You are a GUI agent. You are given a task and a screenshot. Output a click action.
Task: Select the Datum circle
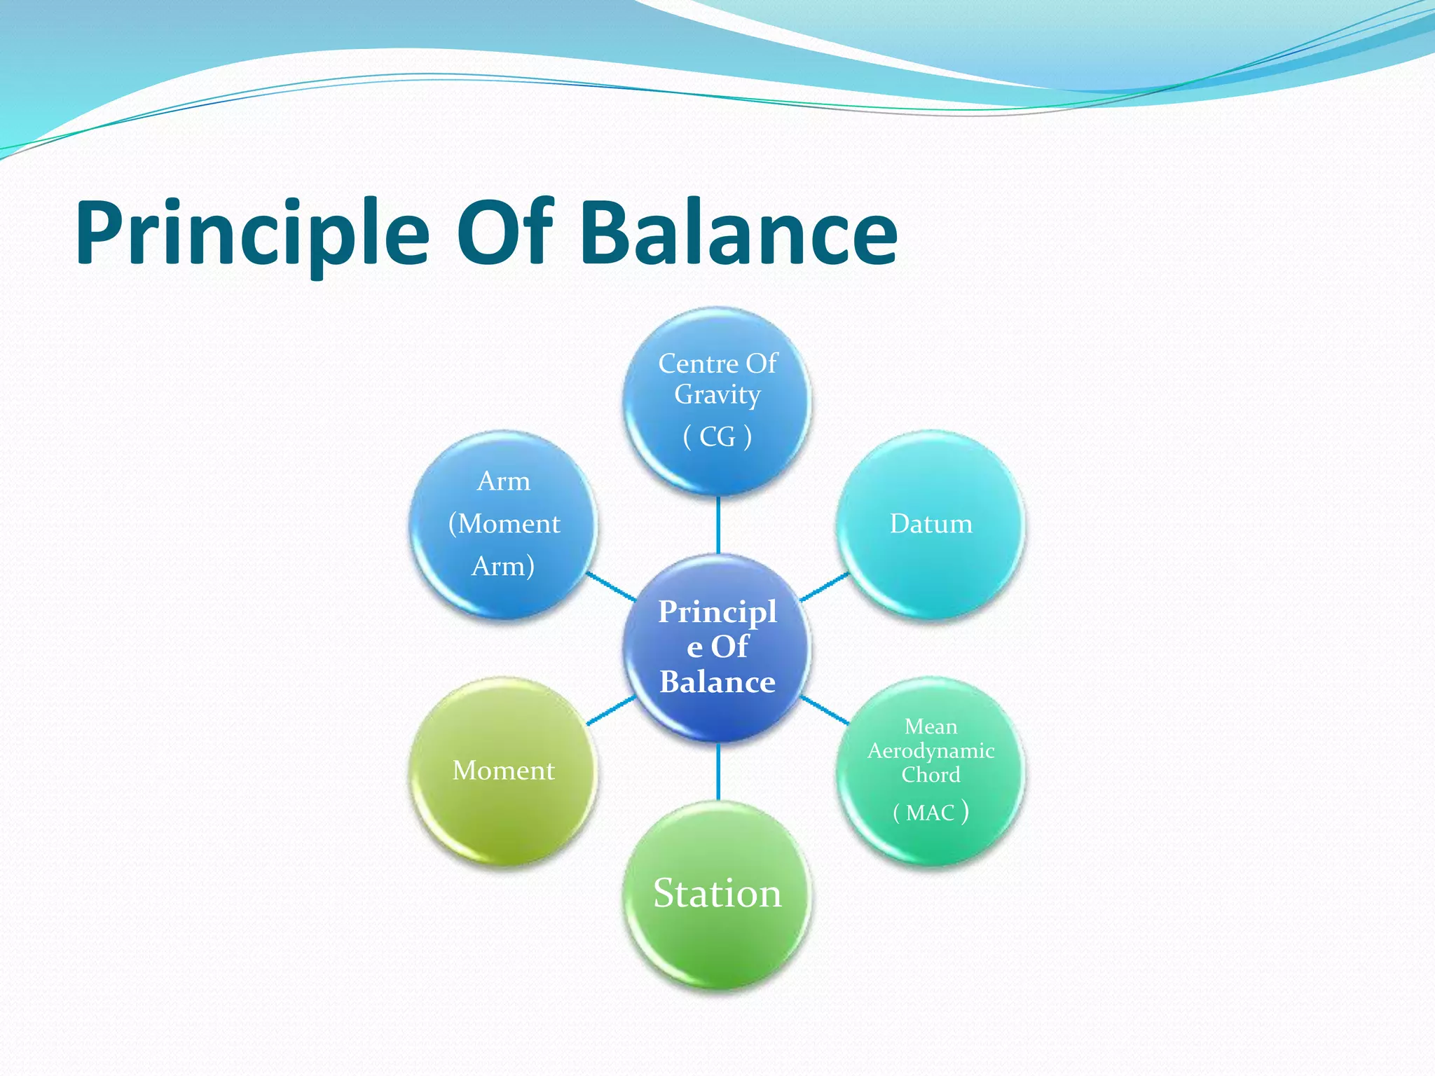pos(931,524)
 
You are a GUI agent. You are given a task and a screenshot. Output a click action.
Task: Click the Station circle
pos(717,894)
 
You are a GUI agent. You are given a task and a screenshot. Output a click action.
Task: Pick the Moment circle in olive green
pos(503,771)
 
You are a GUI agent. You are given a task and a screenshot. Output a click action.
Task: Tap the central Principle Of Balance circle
pos(717,647)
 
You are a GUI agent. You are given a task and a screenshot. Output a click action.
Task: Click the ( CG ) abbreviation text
pos(717,437)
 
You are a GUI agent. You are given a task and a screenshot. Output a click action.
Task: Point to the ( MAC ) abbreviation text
pos(931,813)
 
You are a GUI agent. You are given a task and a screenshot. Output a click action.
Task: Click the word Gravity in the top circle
pos(717,394)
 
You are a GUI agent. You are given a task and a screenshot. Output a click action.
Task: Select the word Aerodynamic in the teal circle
pos(931,751)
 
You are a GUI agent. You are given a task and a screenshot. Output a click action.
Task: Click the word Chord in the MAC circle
pos(931,775)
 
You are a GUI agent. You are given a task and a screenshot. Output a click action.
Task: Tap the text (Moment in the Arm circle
pos(504,524)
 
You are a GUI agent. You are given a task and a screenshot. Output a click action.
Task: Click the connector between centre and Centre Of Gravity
pos(718,525)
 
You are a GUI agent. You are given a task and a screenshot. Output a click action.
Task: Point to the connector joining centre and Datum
pos(825,586)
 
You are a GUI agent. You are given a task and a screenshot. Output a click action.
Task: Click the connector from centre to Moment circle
pos(611,710)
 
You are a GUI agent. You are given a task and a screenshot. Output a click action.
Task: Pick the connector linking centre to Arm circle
pos(611,586)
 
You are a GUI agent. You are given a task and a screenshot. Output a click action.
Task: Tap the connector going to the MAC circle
pos(825,710)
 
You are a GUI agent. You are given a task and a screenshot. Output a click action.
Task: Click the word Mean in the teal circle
pos(931,726)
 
